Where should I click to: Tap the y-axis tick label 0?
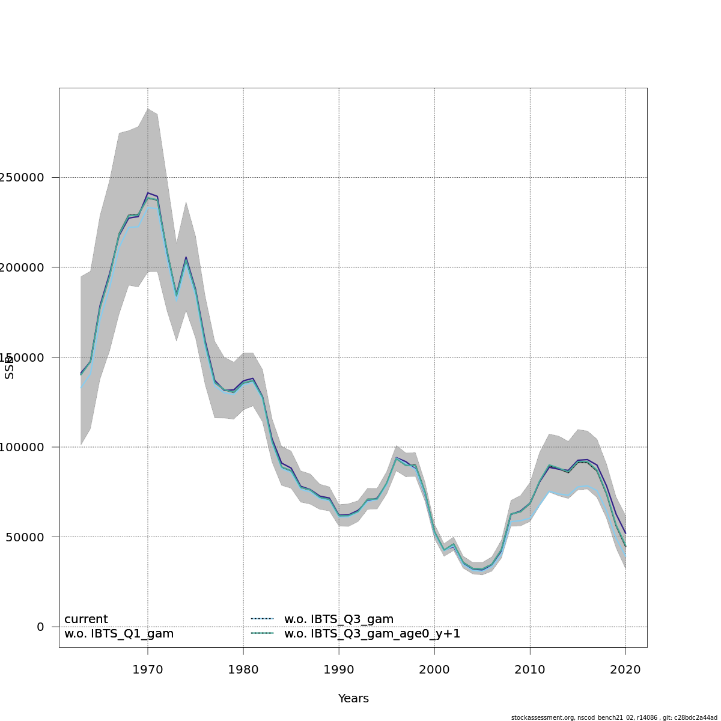pyautogui.click(x=40, y=627)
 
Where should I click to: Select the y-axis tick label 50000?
pyautogui.click(x=23, y=537)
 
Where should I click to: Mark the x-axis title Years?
pyautogui.click(x=353, y=699)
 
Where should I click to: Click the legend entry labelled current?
pyautogui.click(x=86, y=619)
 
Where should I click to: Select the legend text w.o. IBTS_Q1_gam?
pyautogui.click(x=119, y=634)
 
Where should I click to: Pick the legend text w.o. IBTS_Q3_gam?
pyautogui.click(x=339, y=619)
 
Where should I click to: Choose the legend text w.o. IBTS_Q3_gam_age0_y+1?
pyautogui.click(x=372, y=634)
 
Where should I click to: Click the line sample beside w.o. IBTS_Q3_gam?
pyautogui.click(x=262, y=619)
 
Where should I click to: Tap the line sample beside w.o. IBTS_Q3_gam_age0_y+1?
pyautogui.click(x=262, y=633)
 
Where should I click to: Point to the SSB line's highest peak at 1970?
pyautogui.click(x=148, y=193)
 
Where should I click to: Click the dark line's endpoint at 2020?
pyautogui.click(x=625, y=533)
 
